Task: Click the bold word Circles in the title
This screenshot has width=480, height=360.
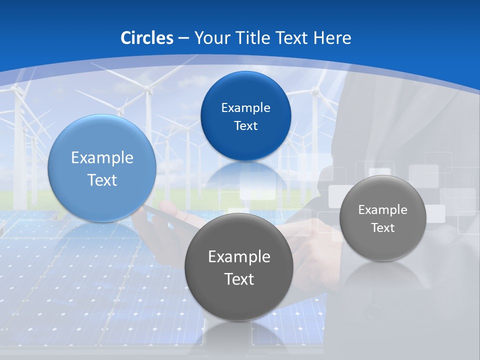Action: pyautogui.click(x=147, y=38)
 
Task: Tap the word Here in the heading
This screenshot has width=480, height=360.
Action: pyautogui.click(x=332, y=38)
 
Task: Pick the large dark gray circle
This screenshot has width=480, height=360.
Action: pyautogui.click(x=239, y=300)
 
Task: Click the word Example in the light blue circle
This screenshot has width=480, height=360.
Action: pyautogui.click(x=102, y=158)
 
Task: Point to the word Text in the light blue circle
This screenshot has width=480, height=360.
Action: pyautogui.click(x=102, y=180)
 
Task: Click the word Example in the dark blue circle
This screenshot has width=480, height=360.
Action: pyautogui.click(x=245, y=107)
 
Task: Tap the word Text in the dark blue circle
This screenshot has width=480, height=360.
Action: pyautogui.click(x=245, y=126)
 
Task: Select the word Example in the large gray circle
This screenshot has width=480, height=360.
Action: pyautogui.click(x=239, y=257)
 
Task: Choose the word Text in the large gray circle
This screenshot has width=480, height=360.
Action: pyautogui.click(x=239, y=279)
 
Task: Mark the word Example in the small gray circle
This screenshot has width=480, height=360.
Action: pyautogui.click(x=383, y=210)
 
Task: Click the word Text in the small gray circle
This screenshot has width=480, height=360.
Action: pyautogui.click(x=383, y=228)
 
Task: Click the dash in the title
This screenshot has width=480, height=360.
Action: pyautogui.click(x=183, y=38)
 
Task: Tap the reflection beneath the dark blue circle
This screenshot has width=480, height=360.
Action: pyautogui.click(x=245, y=175)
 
